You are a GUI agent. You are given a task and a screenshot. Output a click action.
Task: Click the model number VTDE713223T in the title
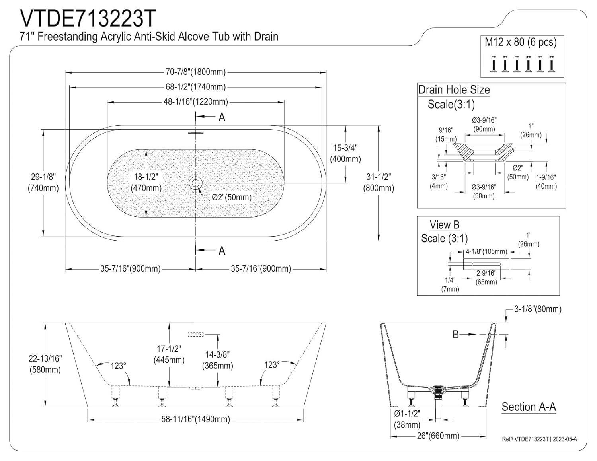[88, 18]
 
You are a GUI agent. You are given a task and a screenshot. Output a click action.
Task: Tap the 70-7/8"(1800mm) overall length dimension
[195, 72]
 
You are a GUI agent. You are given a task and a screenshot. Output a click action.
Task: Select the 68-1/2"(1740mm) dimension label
[195, 87]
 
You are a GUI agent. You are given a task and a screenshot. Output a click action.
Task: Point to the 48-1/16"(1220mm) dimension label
[195, 102]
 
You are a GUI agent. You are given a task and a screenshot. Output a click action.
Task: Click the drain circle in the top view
[195, 183]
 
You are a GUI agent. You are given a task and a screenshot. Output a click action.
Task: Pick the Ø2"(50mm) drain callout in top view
[231, 197]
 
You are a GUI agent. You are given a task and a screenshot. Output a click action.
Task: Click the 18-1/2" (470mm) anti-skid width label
[146, 183]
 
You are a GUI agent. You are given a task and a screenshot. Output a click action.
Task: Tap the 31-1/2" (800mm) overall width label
[378, 183]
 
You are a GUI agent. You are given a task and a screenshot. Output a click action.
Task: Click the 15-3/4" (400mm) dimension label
[345, 154]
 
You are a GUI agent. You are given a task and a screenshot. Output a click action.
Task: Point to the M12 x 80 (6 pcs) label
[521, 42]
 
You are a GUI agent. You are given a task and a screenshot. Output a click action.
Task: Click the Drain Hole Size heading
[454, 90]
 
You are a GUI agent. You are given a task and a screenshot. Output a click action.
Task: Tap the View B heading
[444, 225]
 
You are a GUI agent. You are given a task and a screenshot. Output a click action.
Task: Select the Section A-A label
[529, 407]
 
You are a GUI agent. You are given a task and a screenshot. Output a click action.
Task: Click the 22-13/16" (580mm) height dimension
[45, 364]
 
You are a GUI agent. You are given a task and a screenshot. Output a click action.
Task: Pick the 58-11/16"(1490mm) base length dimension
[195, 419]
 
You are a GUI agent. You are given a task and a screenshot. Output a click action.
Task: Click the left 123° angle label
[118, 366]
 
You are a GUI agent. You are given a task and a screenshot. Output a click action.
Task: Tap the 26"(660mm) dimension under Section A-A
[438, 436]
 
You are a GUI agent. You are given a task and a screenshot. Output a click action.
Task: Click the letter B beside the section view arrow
[456, 335]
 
